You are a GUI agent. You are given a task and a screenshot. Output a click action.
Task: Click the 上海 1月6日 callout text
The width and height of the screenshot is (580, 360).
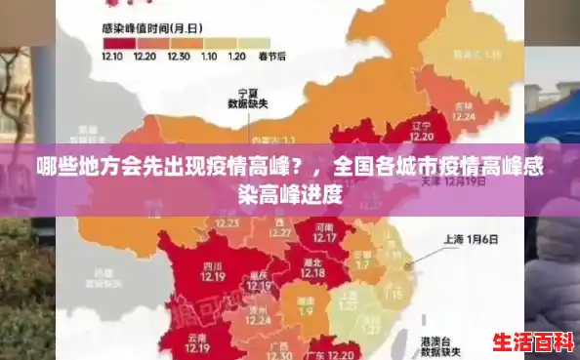click(x=471, y=238)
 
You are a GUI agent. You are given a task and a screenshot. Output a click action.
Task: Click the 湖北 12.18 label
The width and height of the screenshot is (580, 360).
click(x=311, y=267)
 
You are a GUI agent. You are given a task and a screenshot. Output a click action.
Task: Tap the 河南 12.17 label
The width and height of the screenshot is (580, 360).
click(x=326, y=231)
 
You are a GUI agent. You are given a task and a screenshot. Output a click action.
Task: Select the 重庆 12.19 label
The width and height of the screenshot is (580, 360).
click(x=258, y=279)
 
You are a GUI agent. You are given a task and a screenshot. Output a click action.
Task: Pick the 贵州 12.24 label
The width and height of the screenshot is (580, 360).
click(x=259, y=314)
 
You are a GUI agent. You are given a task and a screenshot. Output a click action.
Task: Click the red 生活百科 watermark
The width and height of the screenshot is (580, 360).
click(x=531, y=342)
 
